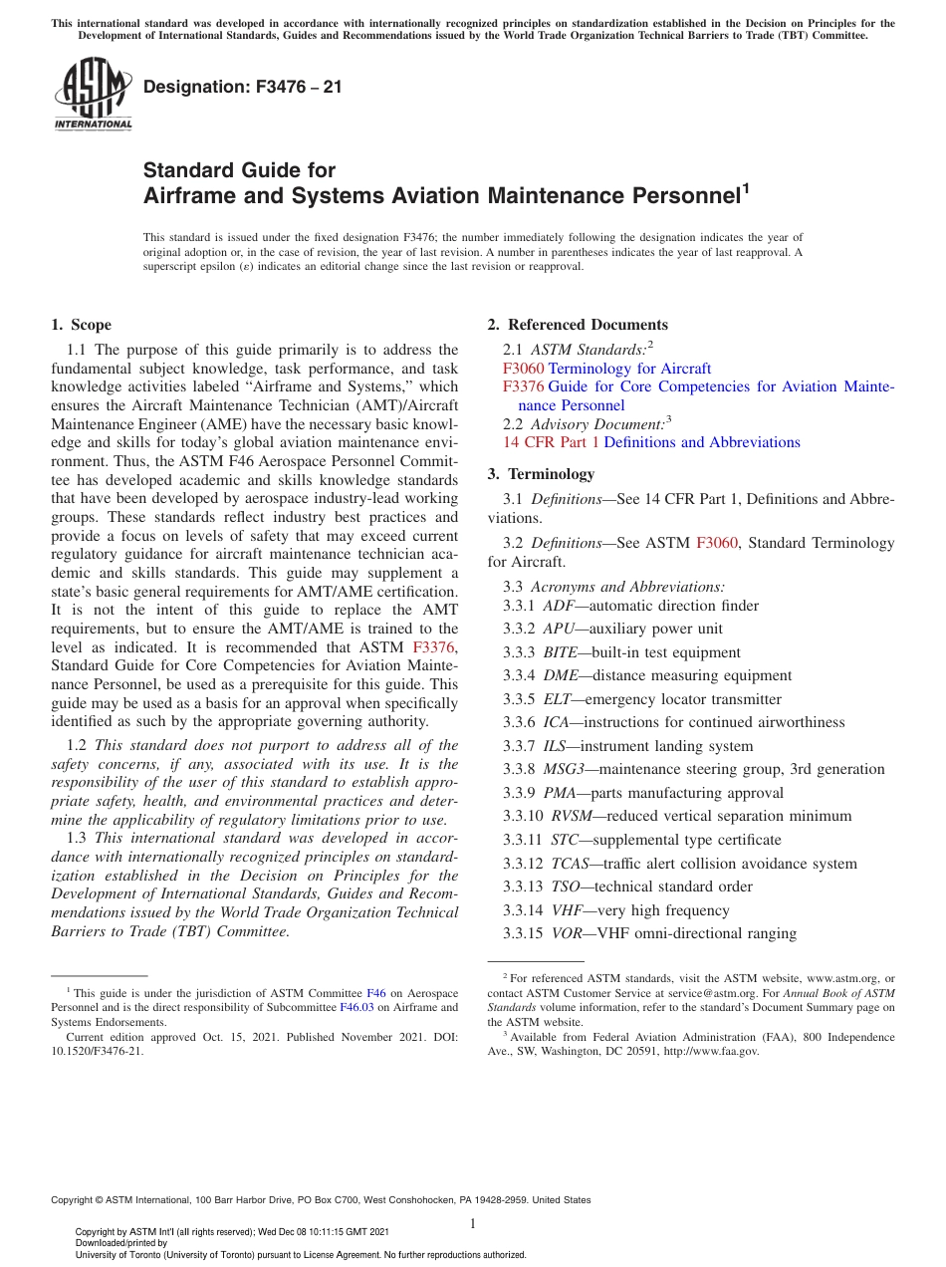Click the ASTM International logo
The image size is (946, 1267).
click(x=92, y=94)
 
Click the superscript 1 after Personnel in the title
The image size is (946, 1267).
click(x=744, y=186)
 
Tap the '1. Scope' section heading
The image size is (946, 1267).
click(x=82, y=325)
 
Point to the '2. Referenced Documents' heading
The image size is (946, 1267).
click(x=578, y=325)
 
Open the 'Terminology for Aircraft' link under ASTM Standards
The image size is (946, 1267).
click(x=629, y=369)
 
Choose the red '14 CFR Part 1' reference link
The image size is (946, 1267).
click(x=551, y=442)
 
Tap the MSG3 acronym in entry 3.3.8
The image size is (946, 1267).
click(x=564, y=769)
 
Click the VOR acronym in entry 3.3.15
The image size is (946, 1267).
click(x=565, y=933)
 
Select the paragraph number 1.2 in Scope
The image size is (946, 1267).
click(x=77, y=745)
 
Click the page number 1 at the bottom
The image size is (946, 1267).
click(x=473, y=1223)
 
